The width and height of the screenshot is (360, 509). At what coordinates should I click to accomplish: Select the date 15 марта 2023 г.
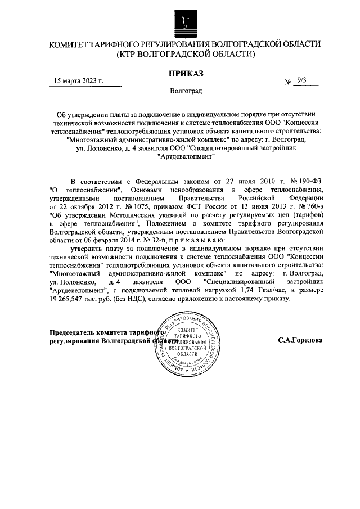click(79, 80)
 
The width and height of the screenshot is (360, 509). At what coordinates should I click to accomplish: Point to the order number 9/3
click(302, 80)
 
